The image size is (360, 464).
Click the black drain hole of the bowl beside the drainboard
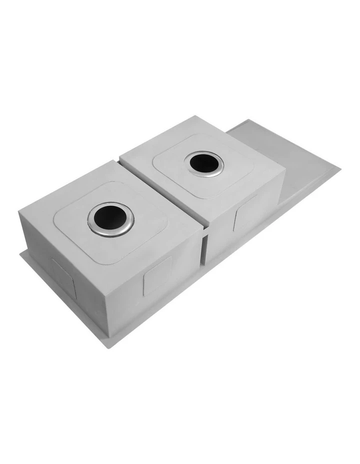click(204, 163)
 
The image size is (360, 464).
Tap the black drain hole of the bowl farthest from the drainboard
click(110, 218)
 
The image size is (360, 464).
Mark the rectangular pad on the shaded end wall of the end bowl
click(63, 277)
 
